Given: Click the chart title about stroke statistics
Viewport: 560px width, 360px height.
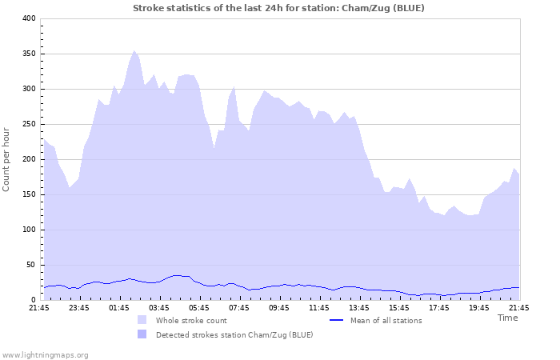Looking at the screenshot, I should [x=278, y=8].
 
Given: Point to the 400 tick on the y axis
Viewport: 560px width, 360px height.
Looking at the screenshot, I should [x=28, y=18].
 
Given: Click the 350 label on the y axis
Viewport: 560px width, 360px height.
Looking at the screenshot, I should [x=28, y=54].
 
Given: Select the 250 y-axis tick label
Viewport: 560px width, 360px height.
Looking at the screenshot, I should [x=28, y=124].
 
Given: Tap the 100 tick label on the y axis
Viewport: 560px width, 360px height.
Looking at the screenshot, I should [x=28, y=230].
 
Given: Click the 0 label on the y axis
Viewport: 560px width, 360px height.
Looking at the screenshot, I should [x=34, y=300].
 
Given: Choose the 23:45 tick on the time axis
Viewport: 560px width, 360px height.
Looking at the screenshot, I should [x=79, y=307].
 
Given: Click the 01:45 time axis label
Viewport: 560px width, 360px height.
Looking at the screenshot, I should [x=119, y=307].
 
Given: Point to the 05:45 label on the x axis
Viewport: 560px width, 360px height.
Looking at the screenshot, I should [x=199, y=307].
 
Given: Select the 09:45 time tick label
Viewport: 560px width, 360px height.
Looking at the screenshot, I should [x=279, y=307].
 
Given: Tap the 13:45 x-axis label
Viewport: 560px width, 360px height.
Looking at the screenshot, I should [x=359, y=307].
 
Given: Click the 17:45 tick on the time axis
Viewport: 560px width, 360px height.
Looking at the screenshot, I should [x=439, y=307].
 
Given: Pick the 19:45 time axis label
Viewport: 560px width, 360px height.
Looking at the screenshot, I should [x=479, y=307].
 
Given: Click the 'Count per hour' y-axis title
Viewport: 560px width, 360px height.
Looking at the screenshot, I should [x=7, y=159].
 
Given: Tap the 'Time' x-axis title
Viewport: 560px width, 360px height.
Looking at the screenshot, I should [x=507, y=318].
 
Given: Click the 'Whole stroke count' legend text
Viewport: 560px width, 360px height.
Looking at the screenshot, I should [x=191, y=321].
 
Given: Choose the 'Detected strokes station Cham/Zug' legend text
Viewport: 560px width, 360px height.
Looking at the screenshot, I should [x=234, y=334].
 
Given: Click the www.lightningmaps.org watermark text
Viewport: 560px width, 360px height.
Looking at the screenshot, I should [x=45, y=354].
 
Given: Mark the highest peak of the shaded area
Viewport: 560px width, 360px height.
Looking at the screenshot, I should [x=134, y=50].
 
